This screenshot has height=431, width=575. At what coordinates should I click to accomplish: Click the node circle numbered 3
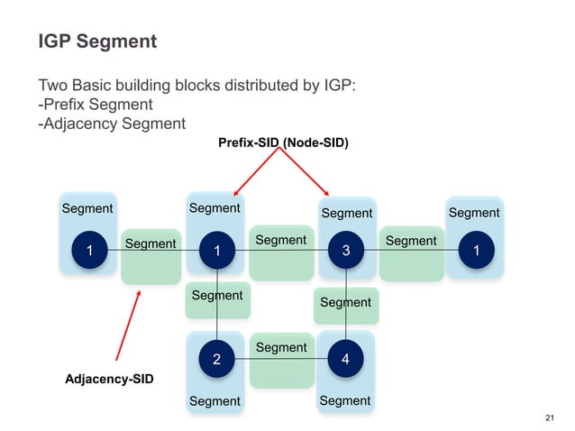tap(346, 252)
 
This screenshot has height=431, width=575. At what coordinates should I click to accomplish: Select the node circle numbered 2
tap(216, 359)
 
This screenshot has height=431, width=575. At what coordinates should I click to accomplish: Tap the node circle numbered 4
tap(346, 359)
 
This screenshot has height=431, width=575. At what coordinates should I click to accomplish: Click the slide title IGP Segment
tap(96, 41)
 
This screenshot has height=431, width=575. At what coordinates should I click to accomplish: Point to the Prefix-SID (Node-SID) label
tap(283, 142)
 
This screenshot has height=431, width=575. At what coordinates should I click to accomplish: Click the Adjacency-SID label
tap(109, 380)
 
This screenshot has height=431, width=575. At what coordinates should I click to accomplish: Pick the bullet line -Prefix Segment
tap(95, 105)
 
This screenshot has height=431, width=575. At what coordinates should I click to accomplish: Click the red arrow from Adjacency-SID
tap(129, 326)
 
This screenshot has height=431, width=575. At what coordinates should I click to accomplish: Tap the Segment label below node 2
tap(214, 400)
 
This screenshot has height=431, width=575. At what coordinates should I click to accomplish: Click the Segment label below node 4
tap(345, 400)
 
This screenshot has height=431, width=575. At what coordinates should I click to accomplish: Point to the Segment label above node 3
tap(347, 213)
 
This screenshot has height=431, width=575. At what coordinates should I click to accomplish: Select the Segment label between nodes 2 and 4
tap(281, 347)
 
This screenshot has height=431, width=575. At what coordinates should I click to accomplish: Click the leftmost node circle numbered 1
tap(88, 252)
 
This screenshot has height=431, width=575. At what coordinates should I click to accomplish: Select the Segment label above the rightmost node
tap(474, 213)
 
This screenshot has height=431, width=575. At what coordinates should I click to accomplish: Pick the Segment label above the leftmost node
tap(87, 208)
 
